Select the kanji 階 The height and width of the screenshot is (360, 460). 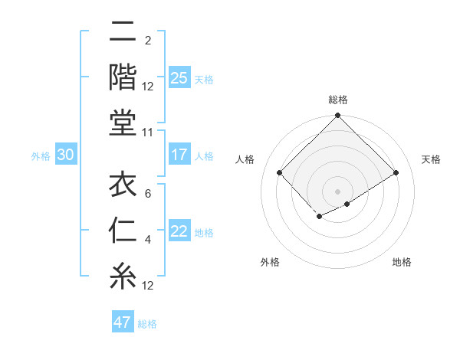point(123,77)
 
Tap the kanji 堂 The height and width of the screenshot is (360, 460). point(123,123)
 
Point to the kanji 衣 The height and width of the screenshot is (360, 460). point(123,185)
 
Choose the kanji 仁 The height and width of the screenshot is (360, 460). point(123,231)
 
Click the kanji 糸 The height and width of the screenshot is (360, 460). point(123,275)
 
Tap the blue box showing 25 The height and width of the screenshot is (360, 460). point(179,78)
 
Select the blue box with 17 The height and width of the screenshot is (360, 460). point(179,155)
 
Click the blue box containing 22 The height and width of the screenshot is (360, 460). point(179,232)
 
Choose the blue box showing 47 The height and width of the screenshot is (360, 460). point(123,322)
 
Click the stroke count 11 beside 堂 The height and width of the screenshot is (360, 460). point(148,133)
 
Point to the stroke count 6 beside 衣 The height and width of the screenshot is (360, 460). point(148,194)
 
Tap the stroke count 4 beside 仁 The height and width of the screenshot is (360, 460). point(148,240)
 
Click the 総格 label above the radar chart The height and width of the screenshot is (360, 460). point(338,100)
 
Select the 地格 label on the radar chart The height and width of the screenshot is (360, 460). point(402,262)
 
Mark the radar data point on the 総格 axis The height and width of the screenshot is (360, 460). point(338,116)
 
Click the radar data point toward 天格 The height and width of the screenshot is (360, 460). point(396,173)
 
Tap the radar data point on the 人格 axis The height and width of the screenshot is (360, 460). point(280,173)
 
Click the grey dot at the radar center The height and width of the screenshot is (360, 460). point(338,191)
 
